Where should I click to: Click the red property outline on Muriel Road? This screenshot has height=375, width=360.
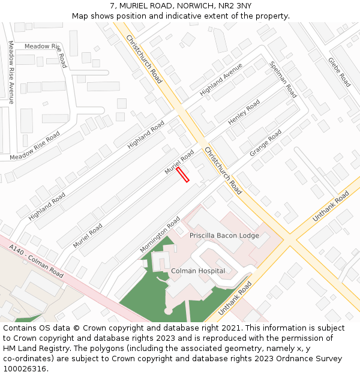coord(183,175)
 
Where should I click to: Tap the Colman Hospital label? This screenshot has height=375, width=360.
coord(198,271)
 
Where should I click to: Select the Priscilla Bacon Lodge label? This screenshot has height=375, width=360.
coord(224,236)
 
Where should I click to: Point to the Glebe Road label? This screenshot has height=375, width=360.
coord(339,72)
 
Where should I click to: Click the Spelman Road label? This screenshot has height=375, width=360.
coord(283,79)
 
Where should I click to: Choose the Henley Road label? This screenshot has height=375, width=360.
coord(244,112)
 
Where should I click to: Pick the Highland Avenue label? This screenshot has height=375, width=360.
coord(221,80)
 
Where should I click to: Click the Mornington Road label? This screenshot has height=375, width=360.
coord(160,234)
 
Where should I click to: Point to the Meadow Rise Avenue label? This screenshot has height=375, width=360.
coord(11,72)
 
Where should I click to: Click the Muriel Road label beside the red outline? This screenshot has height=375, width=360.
coord(179,163)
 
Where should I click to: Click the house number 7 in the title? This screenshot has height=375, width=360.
coord(112,6)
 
